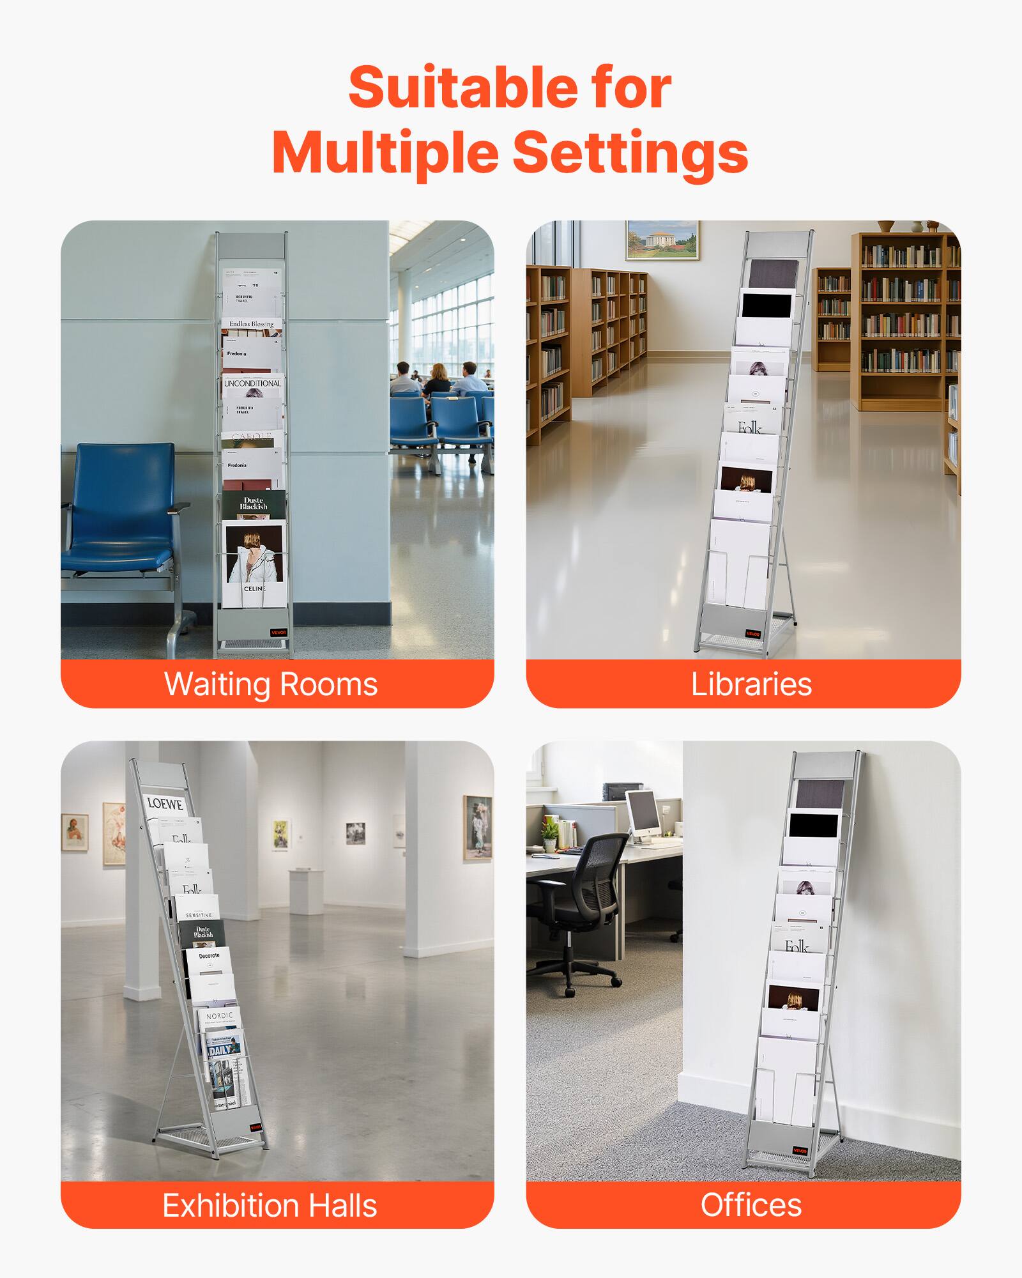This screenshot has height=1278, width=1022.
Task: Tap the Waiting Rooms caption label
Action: [271, 684]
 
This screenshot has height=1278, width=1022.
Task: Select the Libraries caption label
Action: [751, 684]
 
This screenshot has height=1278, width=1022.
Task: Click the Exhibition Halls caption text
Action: [270, 1206]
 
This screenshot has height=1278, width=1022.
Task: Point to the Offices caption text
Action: [751, 1205]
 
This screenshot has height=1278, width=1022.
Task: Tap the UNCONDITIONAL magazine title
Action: [252, 383]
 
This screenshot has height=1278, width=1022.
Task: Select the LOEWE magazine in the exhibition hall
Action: [165, 805]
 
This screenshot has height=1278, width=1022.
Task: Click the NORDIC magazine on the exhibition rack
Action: [220, 1016]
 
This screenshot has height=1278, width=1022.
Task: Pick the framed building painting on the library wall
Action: [662, 240]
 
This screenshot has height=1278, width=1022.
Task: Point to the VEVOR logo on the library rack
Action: [753, 634]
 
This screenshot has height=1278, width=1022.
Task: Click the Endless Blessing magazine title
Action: [251, 325]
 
